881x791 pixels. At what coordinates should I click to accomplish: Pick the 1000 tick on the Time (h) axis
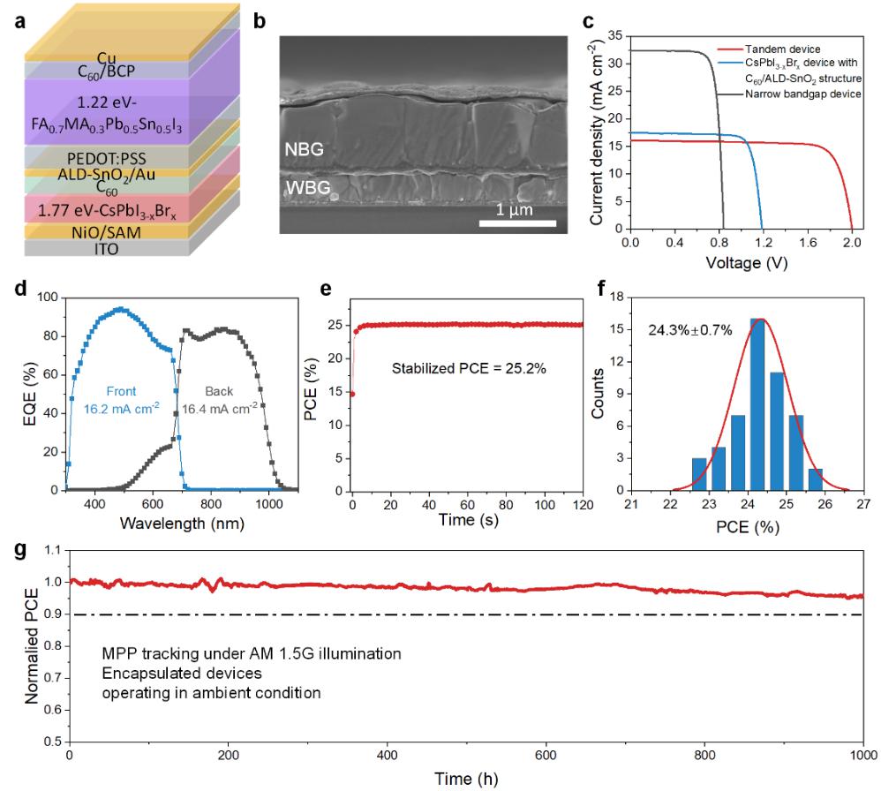click(862, 757)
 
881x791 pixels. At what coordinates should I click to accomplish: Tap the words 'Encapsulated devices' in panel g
click(168, 674)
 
